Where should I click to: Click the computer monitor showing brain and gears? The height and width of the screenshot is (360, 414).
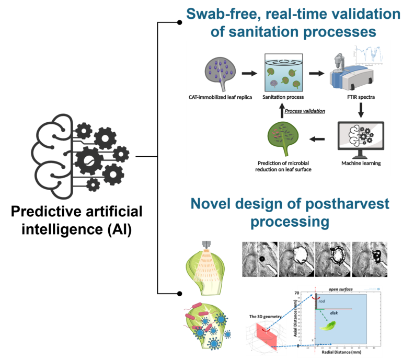click(x=360, y=137)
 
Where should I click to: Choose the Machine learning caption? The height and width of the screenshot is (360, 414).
click(x=360, y=163)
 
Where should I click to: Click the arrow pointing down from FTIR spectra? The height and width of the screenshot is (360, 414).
click(x=360, y=110)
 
